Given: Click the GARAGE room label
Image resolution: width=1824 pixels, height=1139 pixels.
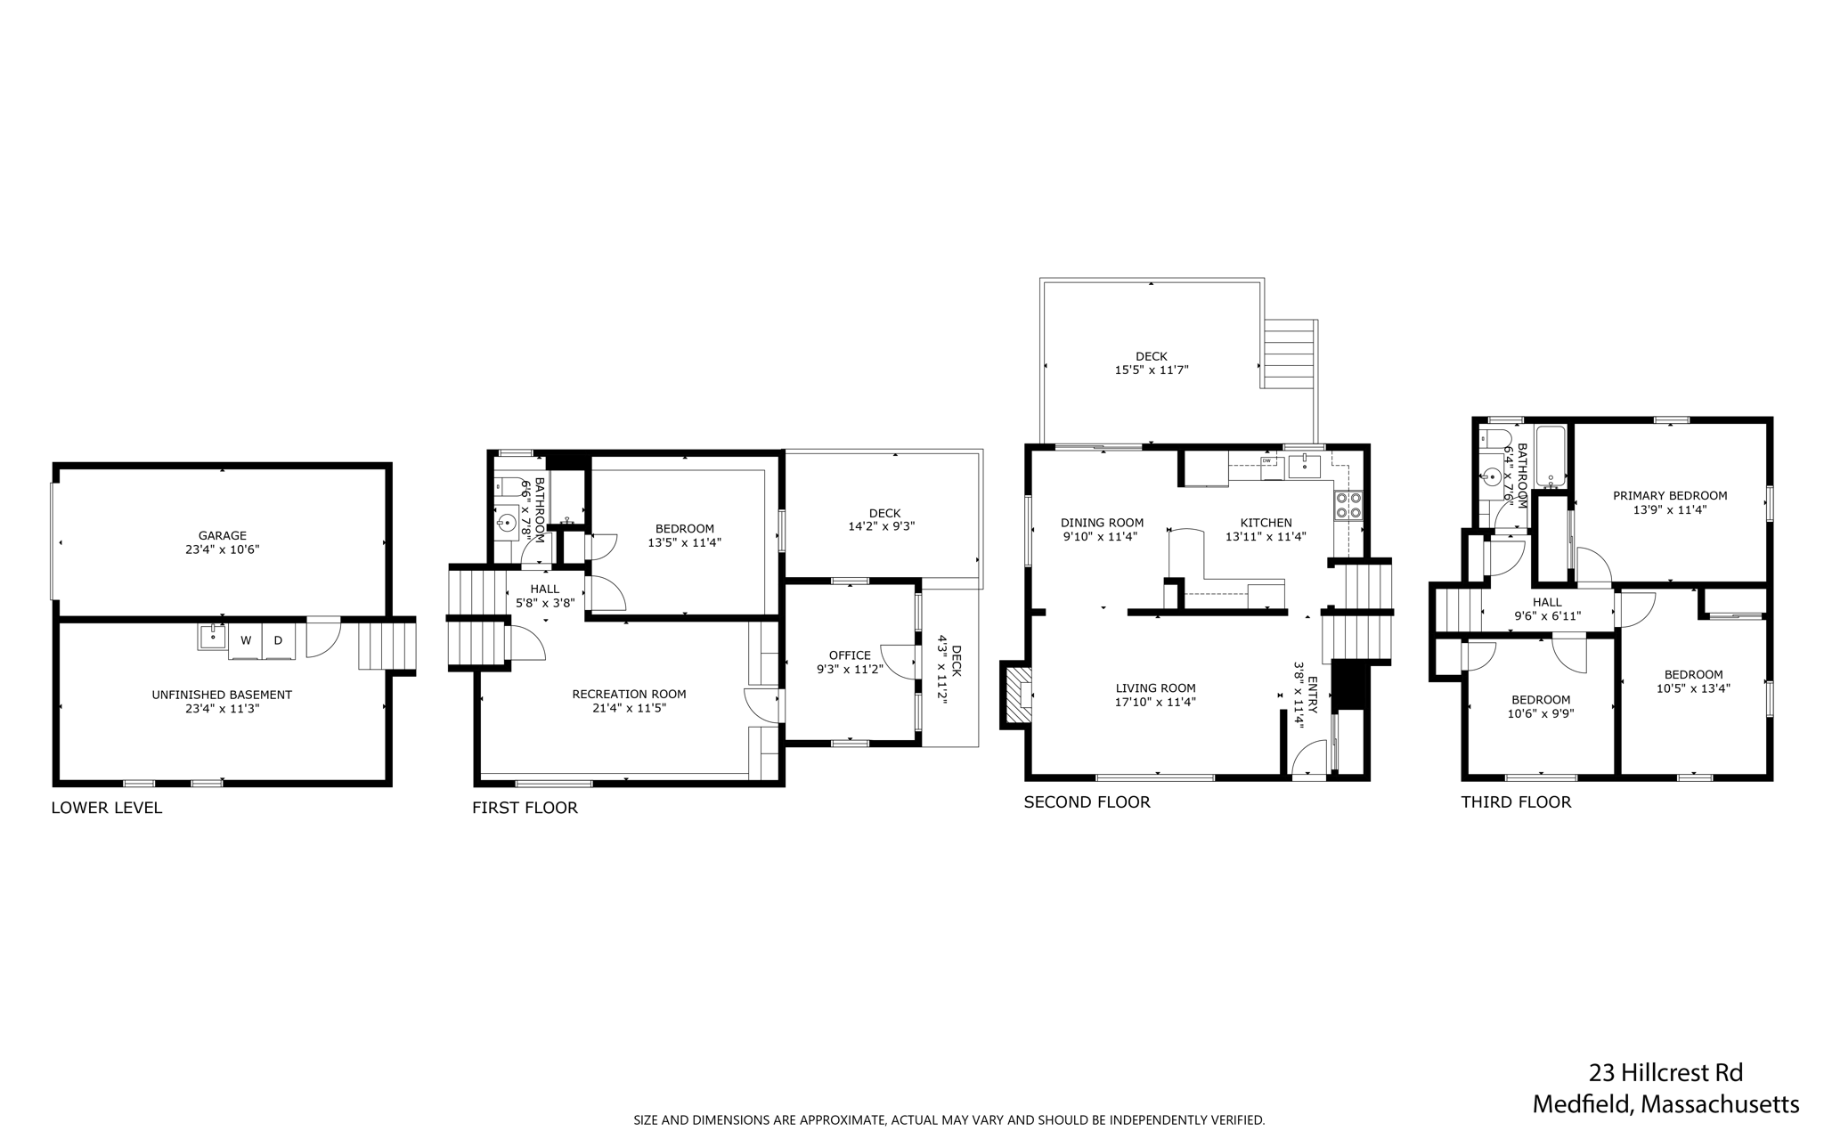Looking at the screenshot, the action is click(222, 535).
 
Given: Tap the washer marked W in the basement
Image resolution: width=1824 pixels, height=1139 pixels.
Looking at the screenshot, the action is click(246, 640).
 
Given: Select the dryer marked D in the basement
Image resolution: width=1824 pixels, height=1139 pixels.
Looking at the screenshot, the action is click(278, 640).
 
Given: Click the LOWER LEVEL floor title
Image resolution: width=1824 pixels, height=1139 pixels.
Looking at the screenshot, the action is click(107, 808).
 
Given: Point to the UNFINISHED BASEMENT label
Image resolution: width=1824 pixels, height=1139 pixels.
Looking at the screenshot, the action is click(222, 695).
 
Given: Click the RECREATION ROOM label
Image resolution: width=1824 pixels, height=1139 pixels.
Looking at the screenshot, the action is click(629, 694).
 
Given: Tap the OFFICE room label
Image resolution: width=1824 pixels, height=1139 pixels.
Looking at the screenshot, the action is click(850, 655).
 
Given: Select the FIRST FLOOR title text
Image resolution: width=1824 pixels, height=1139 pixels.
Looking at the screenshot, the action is click(525, 808).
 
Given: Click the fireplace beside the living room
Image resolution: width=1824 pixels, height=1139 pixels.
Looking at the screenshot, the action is click(1015, 695).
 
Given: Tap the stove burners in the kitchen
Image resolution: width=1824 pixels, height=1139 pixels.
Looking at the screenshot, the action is click(1348, 506).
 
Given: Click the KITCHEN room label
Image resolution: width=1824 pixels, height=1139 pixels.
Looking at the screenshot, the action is click(1266, 523).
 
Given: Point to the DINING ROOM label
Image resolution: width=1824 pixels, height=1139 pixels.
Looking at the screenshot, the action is click(1102, 523).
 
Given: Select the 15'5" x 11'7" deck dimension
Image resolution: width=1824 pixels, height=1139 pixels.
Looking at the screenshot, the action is click(1152, 370).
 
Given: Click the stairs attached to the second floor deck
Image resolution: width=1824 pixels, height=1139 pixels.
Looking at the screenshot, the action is click(1289, 354).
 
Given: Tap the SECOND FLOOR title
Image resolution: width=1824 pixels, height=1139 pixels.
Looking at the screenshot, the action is click(1087, 801).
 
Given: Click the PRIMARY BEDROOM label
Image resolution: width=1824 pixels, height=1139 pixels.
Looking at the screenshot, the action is click(1670, 496).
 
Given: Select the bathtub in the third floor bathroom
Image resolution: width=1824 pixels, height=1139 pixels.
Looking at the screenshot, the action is click(1551, 458).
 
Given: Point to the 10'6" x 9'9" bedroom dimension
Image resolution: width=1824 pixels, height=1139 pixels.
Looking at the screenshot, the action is click(1540, 713).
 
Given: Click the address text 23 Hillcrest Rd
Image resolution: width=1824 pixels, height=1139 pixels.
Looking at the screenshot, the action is click(1665, 1071).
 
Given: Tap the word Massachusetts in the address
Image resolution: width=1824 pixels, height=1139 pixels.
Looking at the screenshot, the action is click(1720, 1104).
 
